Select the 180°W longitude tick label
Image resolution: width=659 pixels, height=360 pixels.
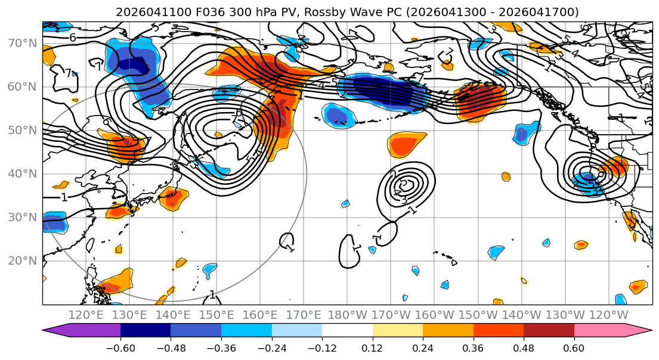click(347, 315)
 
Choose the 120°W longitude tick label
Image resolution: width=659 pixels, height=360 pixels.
click(608, 315)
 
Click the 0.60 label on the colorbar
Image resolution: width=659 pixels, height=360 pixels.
click(574, 348)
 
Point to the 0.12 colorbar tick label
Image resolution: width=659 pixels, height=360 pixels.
click(372, 348)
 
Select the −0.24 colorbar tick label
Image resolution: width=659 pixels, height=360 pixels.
click(271, 348)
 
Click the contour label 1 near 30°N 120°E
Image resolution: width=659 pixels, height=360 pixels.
click(64, 197)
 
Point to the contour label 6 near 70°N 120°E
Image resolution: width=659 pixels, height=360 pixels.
click(72, 37)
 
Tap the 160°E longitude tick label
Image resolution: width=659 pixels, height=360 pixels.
click(260, 315)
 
